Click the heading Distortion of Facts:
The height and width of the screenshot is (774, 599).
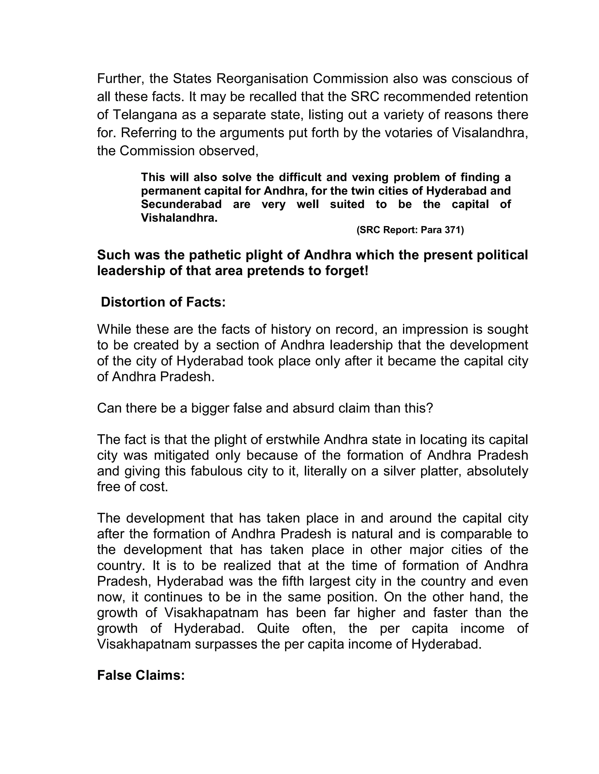click(163, 302)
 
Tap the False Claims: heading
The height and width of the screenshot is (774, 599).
click(141, 675)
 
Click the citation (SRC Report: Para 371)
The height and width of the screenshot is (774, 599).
click(410, 230)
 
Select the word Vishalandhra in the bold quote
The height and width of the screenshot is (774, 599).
click(179, 218)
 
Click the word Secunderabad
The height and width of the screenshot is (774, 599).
click(181, 204)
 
